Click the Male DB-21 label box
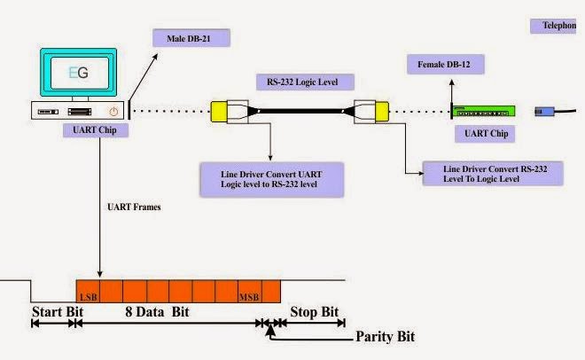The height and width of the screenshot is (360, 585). (191, 38)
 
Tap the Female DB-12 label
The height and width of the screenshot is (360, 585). (446, 64)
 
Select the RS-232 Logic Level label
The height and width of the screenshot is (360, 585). (305, 82)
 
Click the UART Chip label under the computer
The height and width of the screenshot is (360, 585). (96, 130)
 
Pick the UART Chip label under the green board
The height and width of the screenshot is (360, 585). (485, 134)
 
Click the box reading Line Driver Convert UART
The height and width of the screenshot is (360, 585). (271, 179)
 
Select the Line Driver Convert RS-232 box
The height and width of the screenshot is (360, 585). (493, 174)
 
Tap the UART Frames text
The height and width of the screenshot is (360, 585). (134, 207)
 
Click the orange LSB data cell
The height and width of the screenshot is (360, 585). (88, 292)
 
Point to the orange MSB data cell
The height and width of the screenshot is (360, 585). (250, 292)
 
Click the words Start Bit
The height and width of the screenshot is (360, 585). (58, 312)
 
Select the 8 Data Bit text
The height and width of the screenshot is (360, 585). (157, 312)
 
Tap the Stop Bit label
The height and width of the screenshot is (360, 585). (314, 312)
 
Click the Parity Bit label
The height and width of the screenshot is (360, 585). (385, 336)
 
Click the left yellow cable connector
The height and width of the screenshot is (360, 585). (219, 112)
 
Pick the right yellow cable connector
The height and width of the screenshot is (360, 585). (382, 112)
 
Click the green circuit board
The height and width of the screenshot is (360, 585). (484, 112)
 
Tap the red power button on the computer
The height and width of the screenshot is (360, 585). (113, 111)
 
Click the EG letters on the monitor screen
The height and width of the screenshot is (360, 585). (79, 73)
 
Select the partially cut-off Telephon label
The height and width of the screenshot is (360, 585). (553, 26)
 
